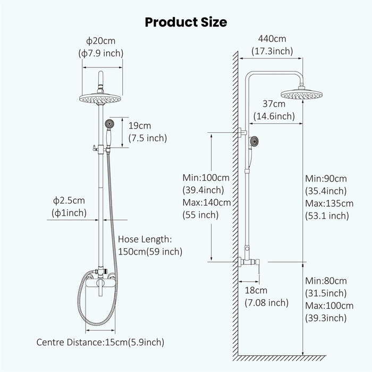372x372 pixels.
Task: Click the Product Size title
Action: click(x=186, y=22)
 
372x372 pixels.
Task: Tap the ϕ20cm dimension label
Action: click(x=101, y=41)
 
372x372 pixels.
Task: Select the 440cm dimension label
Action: click(x=272, y=39)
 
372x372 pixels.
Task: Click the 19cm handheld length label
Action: click(x=140, y=126)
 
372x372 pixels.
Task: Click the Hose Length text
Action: click(x=145, y=239)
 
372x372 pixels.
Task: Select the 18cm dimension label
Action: click(x=256, y=291)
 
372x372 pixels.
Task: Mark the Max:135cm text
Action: click(x=329, y=203)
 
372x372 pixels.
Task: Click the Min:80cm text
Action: click(x=326, y=281)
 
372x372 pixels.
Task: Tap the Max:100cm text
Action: click(x=329, y=306)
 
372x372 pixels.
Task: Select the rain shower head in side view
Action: click(x=302, y=95)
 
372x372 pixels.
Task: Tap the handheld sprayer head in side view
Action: click(x=255, y=142)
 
